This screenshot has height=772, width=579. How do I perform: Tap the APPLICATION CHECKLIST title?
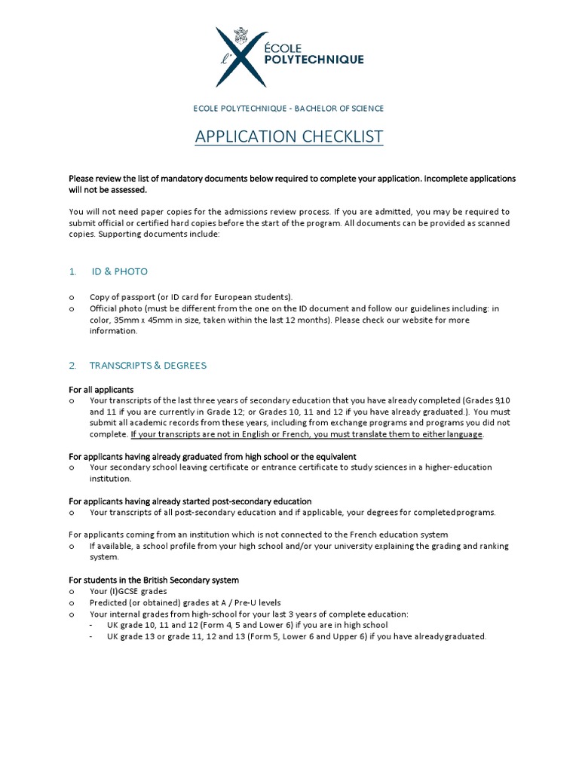click(x=289, y=136)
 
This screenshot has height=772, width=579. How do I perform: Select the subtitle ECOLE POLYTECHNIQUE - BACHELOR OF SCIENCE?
click(x=289, y=109)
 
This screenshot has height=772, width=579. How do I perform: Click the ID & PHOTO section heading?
click(x=120, y=271)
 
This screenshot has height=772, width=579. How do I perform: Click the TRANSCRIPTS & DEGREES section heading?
click(x=148, y=366)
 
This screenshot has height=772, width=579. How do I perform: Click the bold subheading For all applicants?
click(x=101, y=390)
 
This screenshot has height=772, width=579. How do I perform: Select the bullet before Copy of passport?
click(x=72, y=298)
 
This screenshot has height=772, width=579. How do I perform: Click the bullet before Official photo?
click(x=72, y=309)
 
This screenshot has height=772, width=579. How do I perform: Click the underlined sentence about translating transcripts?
click(x=307, y=434)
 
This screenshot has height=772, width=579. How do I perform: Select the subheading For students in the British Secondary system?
click(x=154, y=581)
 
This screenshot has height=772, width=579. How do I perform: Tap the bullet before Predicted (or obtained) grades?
click(x=72, y=603)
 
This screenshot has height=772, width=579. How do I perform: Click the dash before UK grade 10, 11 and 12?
click(x=91, y=626)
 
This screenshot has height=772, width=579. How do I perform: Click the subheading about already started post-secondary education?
click(x=190, y=501)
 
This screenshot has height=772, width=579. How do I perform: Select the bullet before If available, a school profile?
click(x=72, y=546)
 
